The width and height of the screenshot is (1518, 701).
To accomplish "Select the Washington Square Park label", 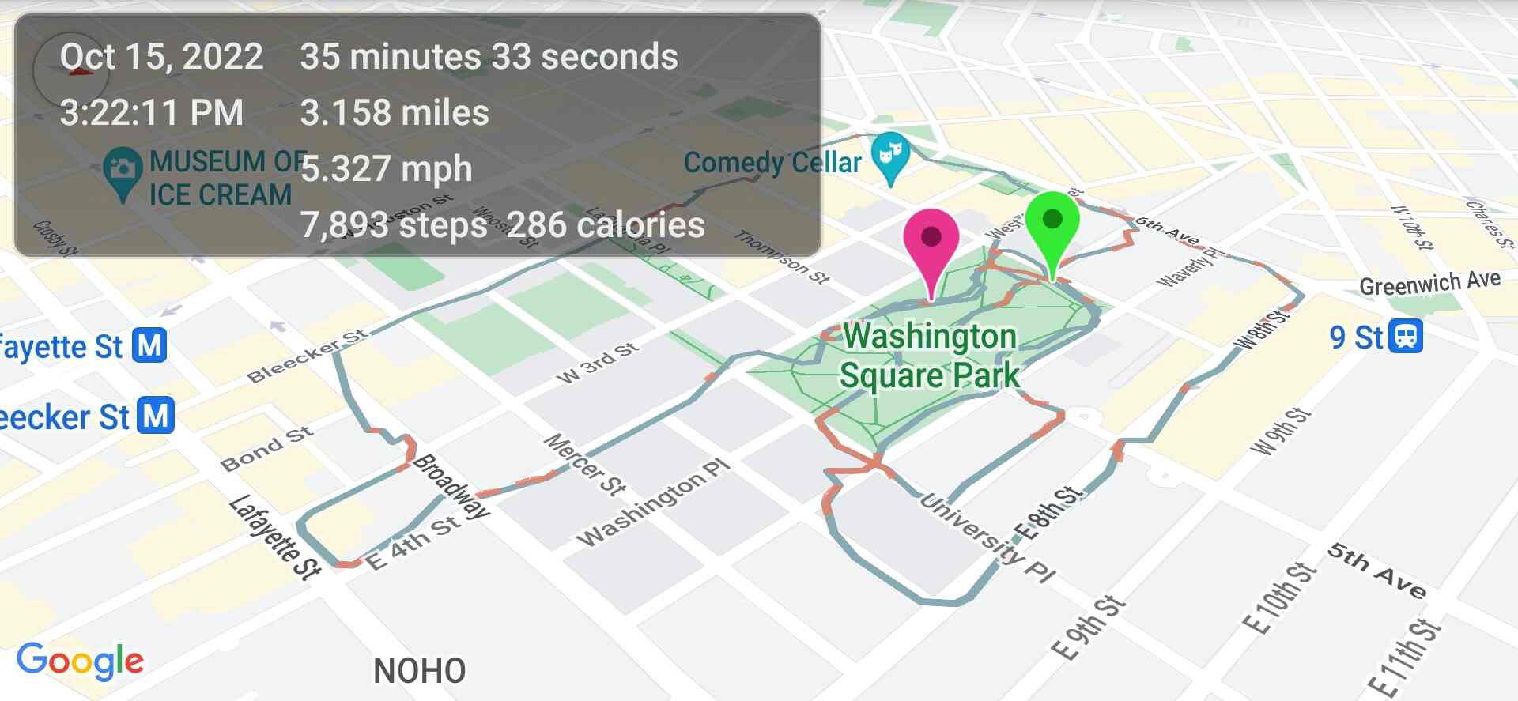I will pyautogui.click(x=930, y=356).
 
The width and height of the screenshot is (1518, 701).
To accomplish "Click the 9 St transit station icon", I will pyautogui.click(x=1406, y=337).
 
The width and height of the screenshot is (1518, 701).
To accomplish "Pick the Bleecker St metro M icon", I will pyautogui.click(x=155, y=416).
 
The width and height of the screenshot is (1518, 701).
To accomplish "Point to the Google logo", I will pyautogui.click(x=80, y=661).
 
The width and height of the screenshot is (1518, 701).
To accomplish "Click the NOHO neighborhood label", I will pyautogui.click(x=419, y=671).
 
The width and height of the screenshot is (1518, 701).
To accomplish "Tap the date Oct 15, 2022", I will pyautogui.click(x=161, y=57).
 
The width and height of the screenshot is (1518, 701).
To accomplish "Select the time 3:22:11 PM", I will pyautogui.click(x=151, y=112).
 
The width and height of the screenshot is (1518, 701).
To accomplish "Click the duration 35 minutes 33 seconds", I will pyautogui.click(x=489, y=57).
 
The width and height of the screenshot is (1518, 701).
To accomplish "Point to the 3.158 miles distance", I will pyautogui.click(x=395, y=112).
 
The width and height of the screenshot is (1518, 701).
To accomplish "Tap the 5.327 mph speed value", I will pyautogui.click(x=387, y=169).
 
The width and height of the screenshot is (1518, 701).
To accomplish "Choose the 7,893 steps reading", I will pyautogui.click(x=394, y=225).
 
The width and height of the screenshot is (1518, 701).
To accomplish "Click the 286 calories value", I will pyautogui.click(x=606, y=225).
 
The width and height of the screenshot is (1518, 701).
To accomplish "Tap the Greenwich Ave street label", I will pyautogui.click(x=1429, y=283).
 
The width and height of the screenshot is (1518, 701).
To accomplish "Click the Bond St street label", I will pyautogui.click(x=266, y=449).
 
